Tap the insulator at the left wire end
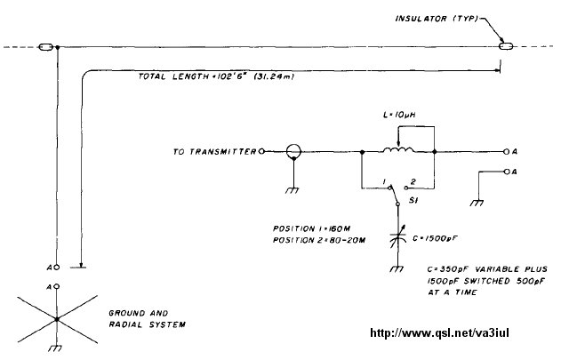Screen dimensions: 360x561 point(46,46)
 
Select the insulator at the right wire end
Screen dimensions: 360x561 point(506,46)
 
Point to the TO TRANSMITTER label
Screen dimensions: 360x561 point(214,152)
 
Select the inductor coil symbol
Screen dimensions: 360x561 point(397,151)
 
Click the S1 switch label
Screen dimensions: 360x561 point(413,202)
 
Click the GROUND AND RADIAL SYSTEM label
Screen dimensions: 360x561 point(147,319)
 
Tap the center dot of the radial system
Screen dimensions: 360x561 point(56,318)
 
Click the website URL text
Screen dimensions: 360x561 point(449,335)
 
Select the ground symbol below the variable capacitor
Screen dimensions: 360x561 point(397,268)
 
